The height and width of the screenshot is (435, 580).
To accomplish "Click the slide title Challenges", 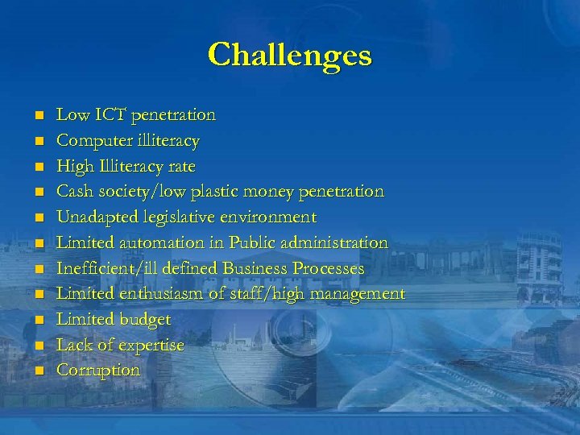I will [x=290, y=56].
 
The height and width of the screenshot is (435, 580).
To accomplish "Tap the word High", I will [x=72, y=166].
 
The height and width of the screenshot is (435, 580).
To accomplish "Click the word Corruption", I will [x=98, y=371].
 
